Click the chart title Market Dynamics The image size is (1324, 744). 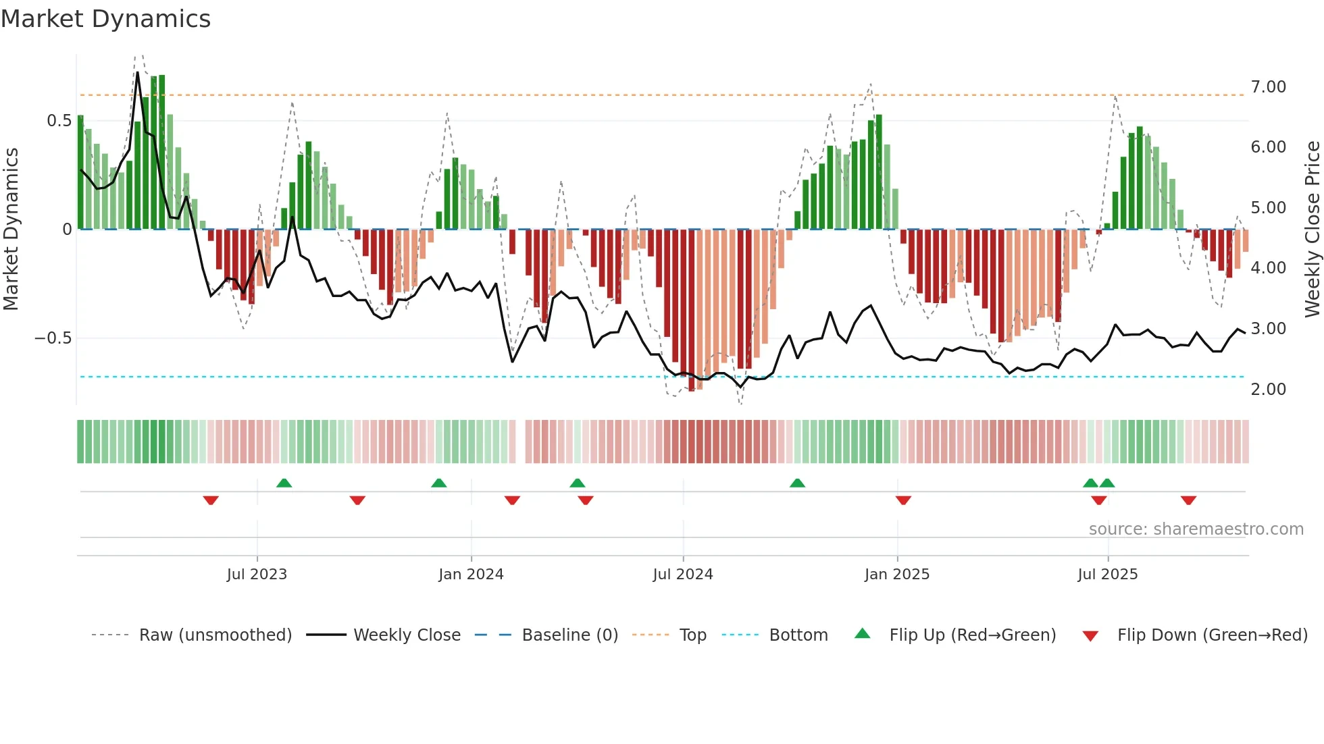click(106, 19)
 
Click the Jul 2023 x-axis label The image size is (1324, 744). click(257, 575)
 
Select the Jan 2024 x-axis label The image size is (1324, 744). click(471, 575)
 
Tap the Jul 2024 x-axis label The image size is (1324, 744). click(683, 575)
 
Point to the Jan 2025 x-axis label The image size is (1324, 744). click(897, 575)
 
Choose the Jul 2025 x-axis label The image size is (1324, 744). click(1108, 575)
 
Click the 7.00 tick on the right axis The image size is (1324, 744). click(1268, 87)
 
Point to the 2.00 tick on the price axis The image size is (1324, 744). click(1268, 390)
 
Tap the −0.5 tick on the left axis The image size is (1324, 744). click(53, 338)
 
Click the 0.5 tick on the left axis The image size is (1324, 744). click(59, 121)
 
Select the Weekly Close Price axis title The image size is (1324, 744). click(1312, 229)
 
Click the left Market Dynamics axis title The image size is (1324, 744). click(11, 229)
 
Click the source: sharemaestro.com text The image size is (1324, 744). click(1196, 529)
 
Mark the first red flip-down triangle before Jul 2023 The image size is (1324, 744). click(211, 500)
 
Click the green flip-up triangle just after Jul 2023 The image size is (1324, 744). click(284, 483)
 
